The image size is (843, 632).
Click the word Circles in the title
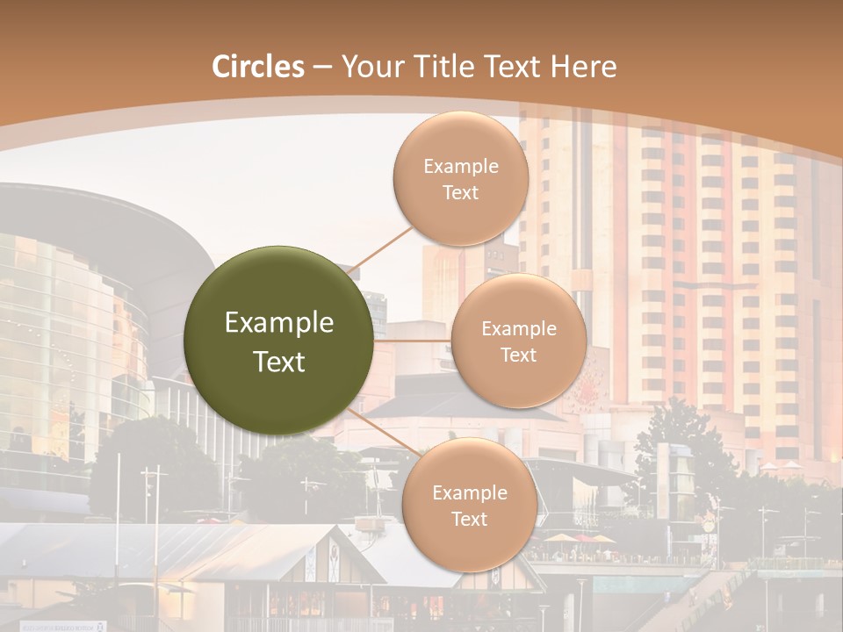(x=258, y=67)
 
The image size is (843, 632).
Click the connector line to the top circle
(x=381, y=250)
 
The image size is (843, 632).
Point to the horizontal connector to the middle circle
(x=413, y=341)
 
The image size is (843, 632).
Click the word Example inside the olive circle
(x=278, y=323)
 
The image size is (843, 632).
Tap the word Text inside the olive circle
(x=278, y=362)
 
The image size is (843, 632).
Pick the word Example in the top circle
(x=460, y=167)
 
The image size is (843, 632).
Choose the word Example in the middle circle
(x=518, y=329)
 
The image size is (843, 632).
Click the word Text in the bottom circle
(x=469, y=520)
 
